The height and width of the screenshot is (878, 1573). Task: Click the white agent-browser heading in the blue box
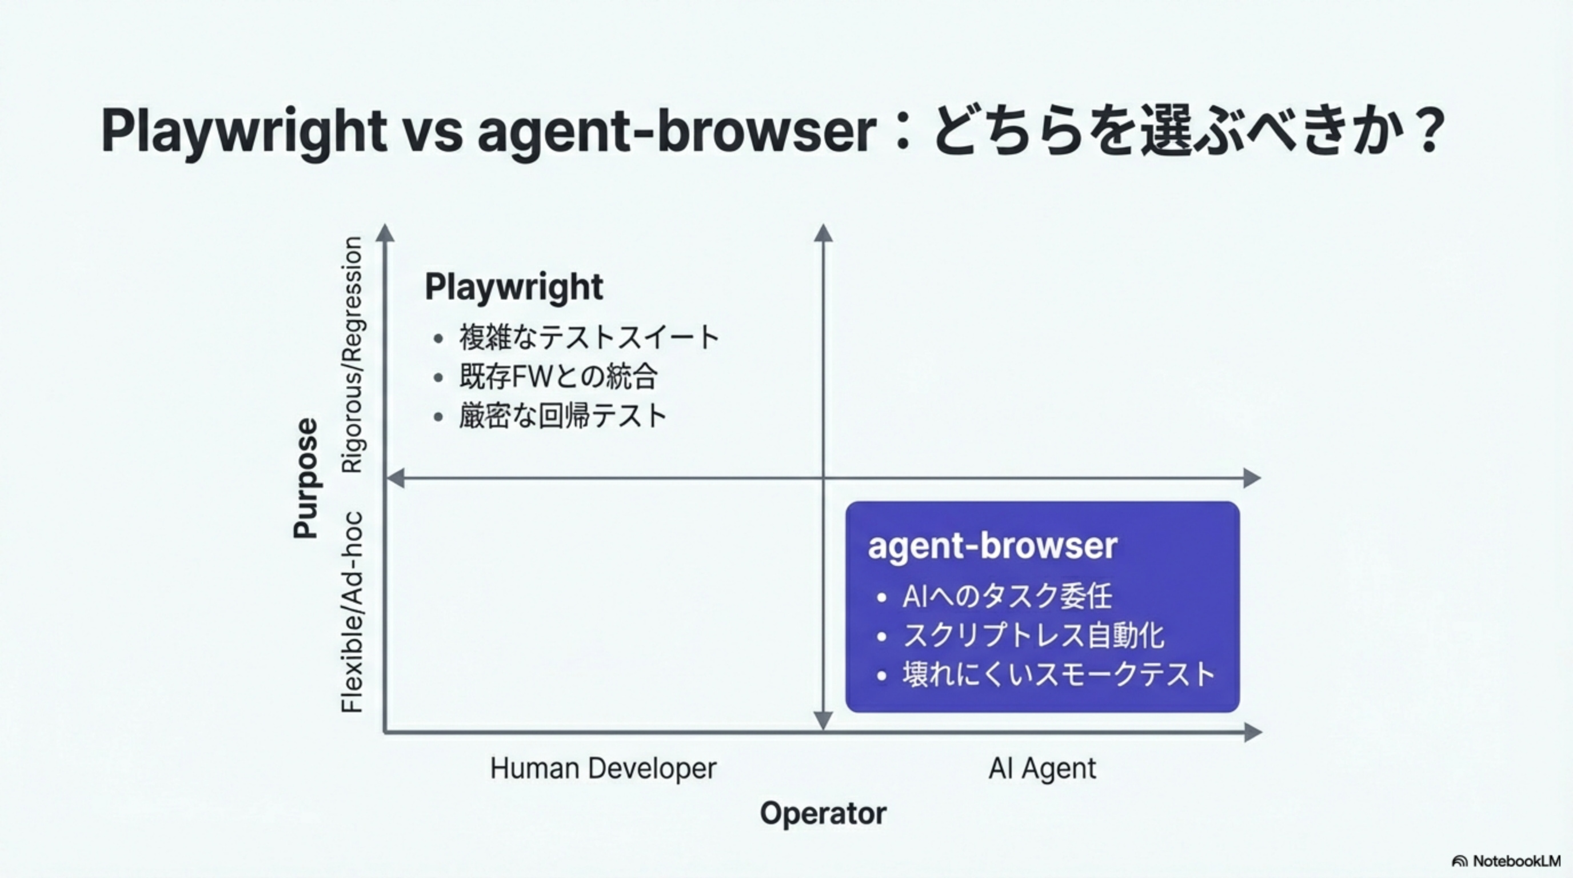992,546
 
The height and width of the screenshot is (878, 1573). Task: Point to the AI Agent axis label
1043,769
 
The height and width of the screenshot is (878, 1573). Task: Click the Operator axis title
823,814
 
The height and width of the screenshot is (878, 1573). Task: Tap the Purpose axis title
306,478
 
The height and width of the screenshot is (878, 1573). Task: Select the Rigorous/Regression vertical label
352,355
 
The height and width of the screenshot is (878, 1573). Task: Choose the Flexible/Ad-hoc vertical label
352,612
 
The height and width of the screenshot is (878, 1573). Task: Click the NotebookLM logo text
1516,861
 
